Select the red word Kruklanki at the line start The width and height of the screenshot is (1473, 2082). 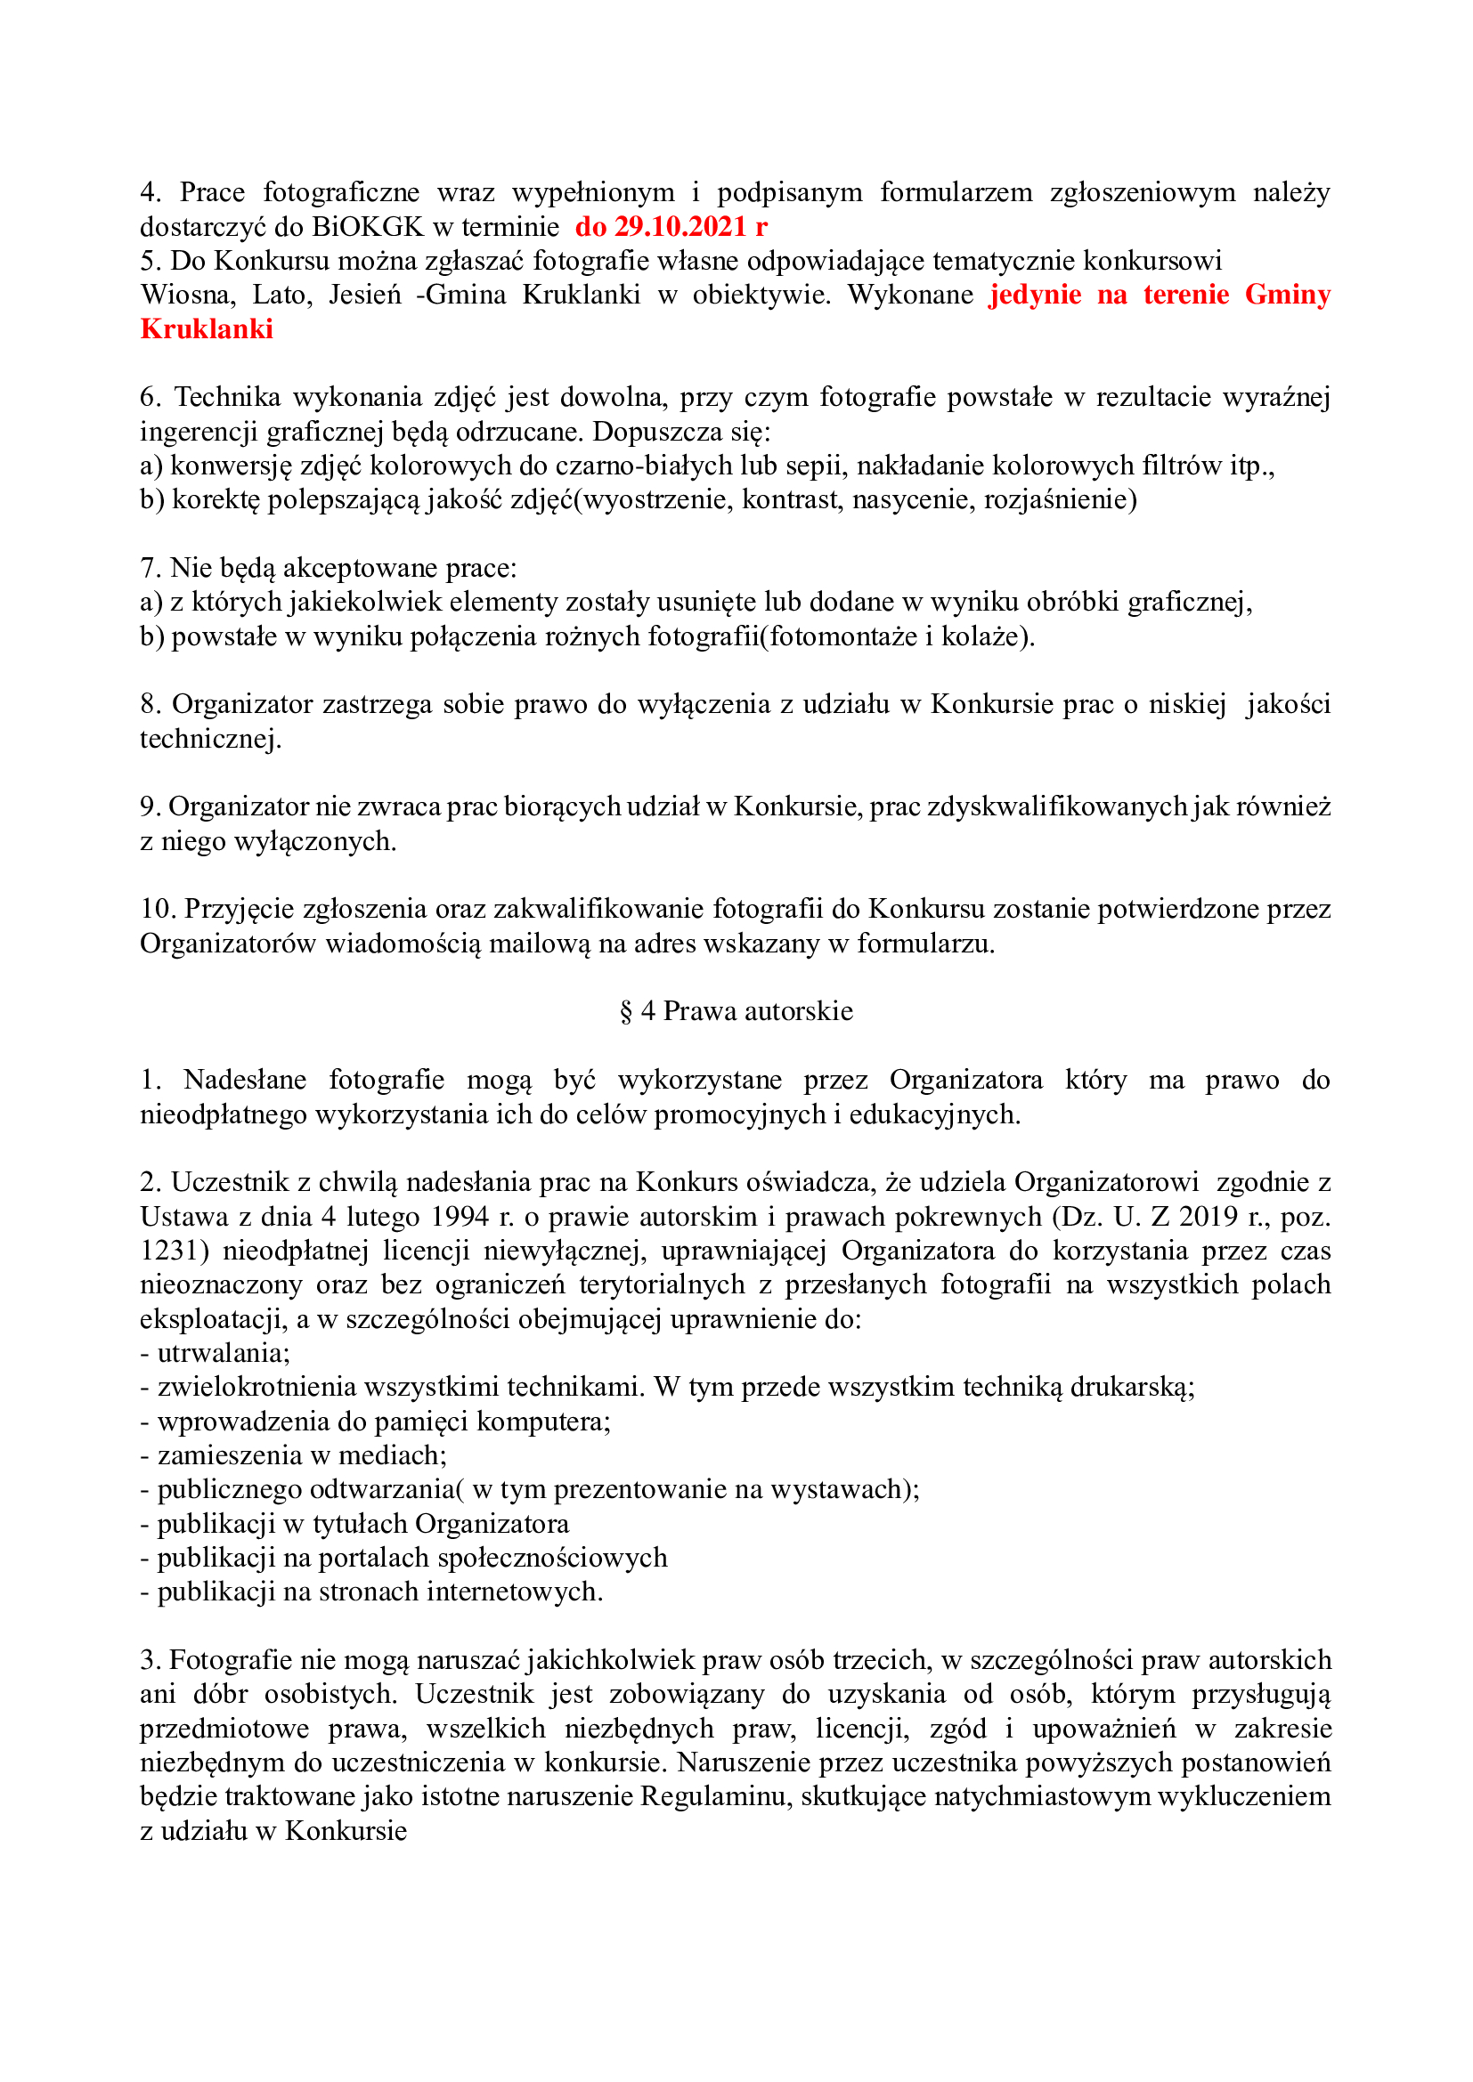(207, 329)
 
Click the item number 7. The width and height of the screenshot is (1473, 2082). (150, 569)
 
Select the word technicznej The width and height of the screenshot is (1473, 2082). (208, 739)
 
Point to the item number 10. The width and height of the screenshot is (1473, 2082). (157, 909)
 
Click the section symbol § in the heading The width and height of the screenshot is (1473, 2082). (626, 1011)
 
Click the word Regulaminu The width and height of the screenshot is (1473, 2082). (712, 1796)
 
